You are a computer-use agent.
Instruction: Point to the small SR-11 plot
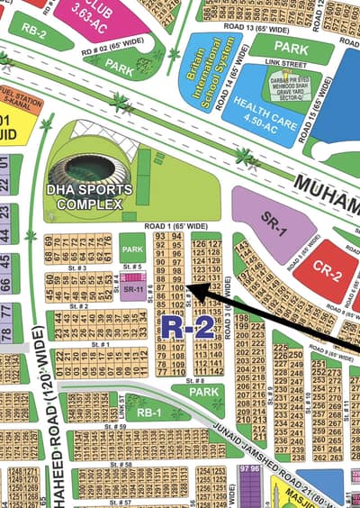pyautogui.click(x=131, y=288)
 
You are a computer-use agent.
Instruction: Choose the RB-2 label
pyautogui.click(x=33, y=30)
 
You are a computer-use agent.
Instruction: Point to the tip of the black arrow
pyautogui.click(x=187, y=289)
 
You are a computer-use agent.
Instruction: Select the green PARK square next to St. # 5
pyautogui.click(x=132, y=249)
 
